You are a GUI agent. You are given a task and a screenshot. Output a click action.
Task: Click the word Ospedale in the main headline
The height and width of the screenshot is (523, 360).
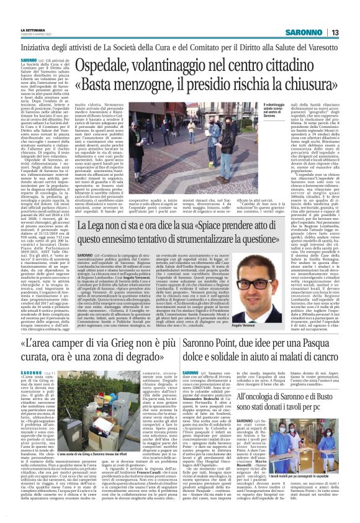tap(118, 63)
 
